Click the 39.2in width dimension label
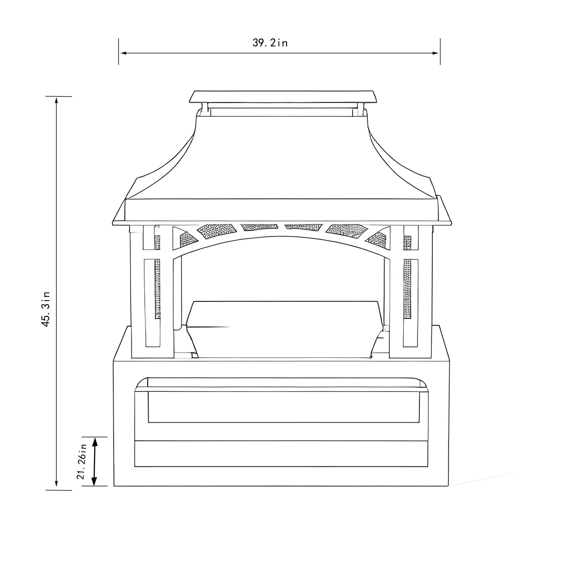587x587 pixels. coord(270,43)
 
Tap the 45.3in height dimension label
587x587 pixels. coord(46,309)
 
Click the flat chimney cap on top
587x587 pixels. coord(283,97)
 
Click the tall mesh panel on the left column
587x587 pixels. coord(157,289)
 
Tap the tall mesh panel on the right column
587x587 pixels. coord(407,289)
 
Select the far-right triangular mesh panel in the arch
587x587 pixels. coord(380,238)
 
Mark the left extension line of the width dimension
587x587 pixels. coord(119,52)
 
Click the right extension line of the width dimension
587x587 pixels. coord(440,52)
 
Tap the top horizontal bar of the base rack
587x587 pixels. coord(281,389)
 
